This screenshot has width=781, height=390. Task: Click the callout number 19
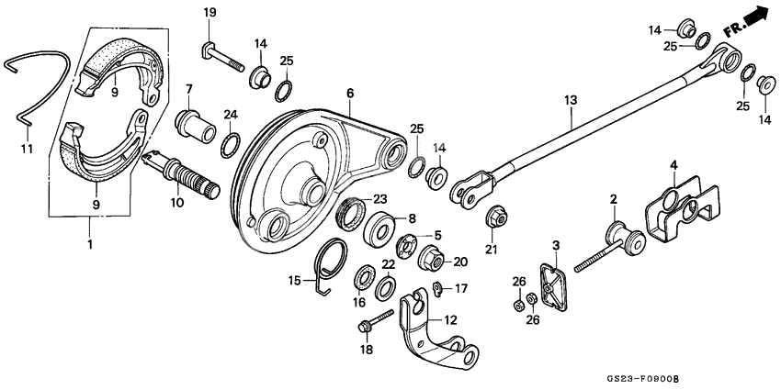point(209,12)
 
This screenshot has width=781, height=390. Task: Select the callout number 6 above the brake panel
point(350,93)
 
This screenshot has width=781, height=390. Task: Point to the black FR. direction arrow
point(755,17)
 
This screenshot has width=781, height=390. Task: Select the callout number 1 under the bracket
point(90,246)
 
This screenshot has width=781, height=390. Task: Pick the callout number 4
point(673,165)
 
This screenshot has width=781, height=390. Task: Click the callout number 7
point(188,89)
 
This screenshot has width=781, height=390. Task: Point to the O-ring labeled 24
point(230,143)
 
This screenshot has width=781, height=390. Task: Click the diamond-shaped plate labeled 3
point(549,285)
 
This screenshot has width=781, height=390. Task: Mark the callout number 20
point(461,261)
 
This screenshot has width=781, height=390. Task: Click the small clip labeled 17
point(440,291)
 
